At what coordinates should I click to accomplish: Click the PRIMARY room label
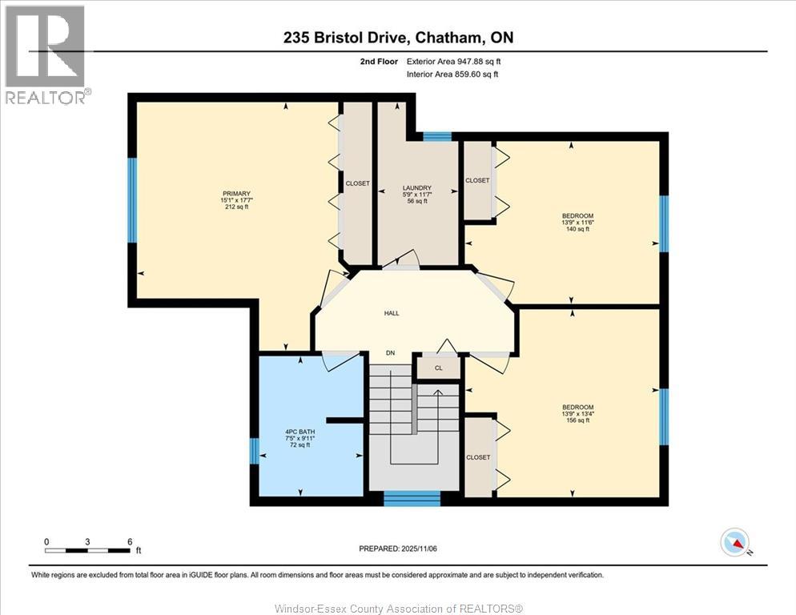click(x=237, y=194)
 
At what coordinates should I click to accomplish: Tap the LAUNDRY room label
click(x=416, y=188)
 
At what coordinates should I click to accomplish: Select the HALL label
click(x=391, y=313)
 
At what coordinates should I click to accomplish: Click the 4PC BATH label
click(x=300, y=432)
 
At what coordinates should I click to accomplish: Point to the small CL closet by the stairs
click(x=438, y=368)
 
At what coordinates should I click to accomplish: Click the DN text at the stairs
click(x=390, y=353)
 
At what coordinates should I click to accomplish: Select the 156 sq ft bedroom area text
click(x=577, y=420)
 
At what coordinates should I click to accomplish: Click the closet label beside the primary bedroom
click(x=357, y=183)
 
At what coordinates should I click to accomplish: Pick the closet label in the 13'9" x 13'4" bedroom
click(x=478, y=457)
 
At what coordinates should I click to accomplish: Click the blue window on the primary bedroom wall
click(x=132, y=199)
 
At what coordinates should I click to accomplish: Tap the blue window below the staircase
click(x=412, y=498)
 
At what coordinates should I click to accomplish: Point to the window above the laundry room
click(x=437, y=136)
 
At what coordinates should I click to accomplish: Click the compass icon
click(x=734, y=543)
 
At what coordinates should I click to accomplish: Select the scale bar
click(x=87, y=550)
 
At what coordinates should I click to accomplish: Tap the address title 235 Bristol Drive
click(x=397, y=37)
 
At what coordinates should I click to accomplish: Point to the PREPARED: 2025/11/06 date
click(x=397, y=549)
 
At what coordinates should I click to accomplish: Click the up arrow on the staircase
click(x=437, y=393)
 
